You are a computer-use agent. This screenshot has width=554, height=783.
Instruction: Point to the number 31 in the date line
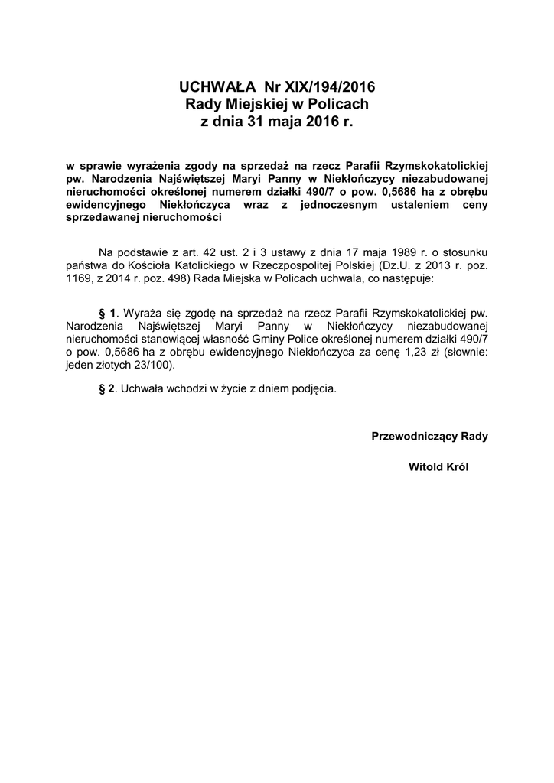(x=256, y=122)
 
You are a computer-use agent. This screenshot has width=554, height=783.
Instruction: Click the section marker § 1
(x=107, y=313)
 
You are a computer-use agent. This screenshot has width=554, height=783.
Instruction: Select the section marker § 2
(x=107, y=388)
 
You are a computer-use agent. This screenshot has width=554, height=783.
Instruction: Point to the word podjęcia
(x=313, y=388)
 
